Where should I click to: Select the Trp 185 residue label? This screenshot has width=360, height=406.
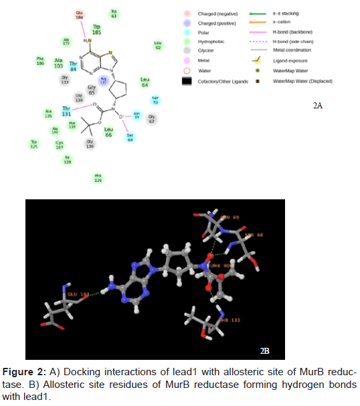tap(97, 30)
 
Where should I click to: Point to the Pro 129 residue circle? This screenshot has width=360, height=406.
tap(98, 177)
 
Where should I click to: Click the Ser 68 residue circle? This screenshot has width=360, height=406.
tap(130, 137)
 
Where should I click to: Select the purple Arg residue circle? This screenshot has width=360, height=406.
tap(103, 81)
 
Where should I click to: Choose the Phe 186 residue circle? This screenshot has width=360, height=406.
tap(40, 60)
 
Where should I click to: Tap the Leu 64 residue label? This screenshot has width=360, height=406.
tap(145, 83)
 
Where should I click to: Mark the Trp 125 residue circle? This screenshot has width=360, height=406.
tap(33, 143)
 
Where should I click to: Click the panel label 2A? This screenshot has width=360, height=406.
tap(318, 106)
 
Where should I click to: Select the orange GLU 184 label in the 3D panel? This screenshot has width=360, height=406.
tap(76, 293)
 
